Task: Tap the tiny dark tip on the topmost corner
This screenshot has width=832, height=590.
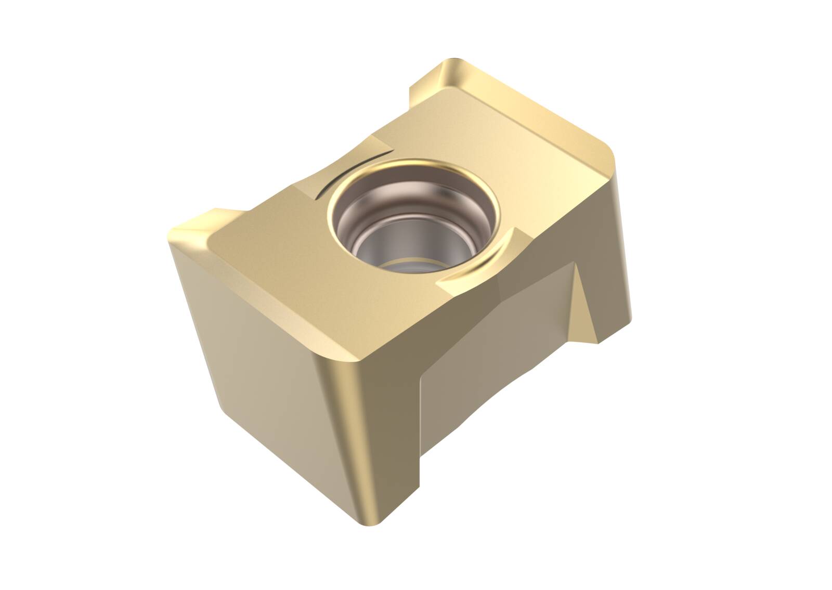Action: pyautogui.click(x=457, y=60)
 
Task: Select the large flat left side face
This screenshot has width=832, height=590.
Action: pyautogui.click(x=260, y=364)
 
